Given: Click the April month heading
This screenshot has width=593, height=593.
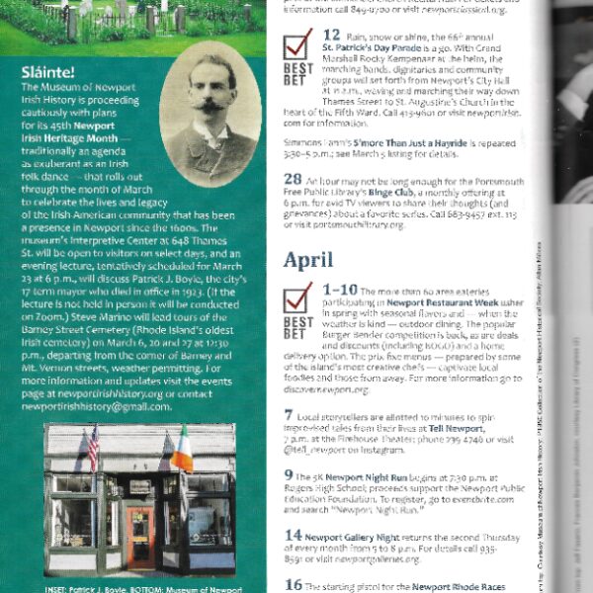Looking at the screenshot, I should coord(312,260).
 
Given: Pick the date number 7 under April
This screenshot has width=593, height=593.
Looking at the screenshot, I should coord(289,413).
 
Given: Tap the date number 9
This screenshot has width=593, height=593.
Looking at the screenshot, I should coord(289,473).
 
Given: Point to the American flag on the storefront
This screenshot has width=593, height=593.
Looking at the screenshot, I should coord(94,449).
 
